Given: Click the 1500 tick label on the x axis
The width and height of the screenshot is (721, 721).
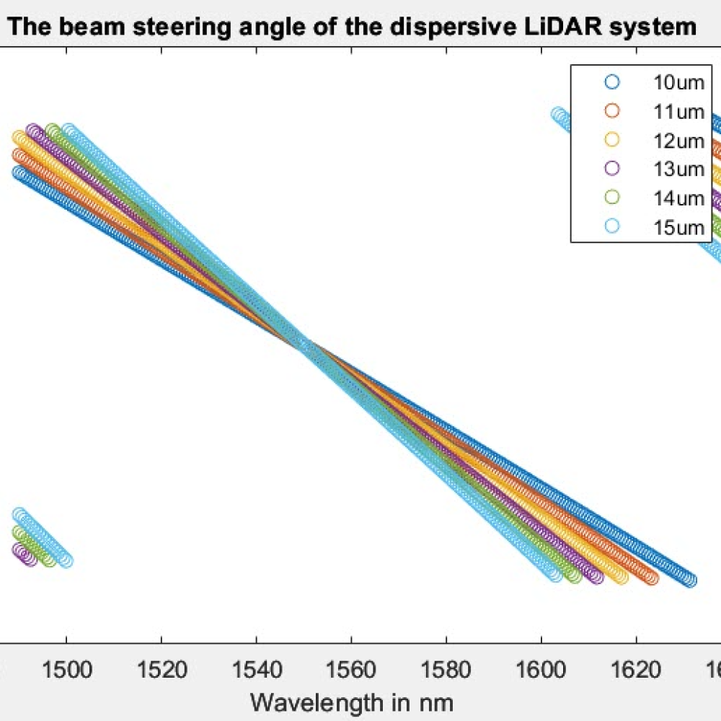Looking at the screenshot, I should click(x=66, y=670).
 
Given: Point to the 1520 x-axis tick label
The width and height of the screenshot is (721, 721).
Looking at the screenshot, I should click(x=162, y=670).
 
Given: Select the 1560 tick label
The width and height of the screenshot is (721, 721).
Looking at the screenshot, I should click(x=351, y=670).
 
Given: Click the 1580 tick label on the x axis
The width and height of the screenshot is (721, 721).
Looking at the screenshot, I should click(x=446, y=670).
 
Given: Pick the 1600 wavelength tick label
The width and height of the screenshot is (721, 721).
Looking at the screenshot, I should click(x=541, y=670).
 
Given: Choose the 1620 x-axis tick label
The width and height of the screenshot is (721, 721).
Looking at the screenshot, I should click(x=635, y=670).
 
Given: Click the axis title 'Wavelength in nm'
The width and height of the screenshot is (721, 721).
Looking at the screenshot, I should click(x=351, y=701).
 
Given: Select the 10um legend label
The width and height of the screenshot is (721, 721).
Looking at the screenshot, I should click(x=678, y=82).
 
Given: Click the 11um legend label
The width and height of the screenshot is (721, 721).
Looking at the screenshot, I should click(x=678, y=111).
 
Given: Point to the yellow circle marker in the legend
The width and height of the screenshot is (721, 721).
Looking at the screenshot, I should click(x=612, y=140).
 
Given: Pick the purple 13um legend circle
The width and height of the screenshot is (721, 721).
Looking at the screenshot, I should click(x=612, y=169).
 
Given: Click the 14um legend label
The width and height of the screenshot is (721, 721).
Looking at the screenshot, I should click(x=678, y=198).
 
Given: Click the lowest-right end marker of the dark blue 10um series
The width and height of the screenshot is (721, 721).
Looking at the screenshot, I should click(x=690, y=580).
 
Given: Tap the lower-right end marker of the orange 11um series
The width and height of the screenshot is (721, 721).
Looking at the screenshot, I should click(x=652, y=578).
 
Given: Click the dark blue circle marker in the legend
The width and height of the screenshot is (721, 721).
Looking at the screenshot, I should click(x=612, y=82).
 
